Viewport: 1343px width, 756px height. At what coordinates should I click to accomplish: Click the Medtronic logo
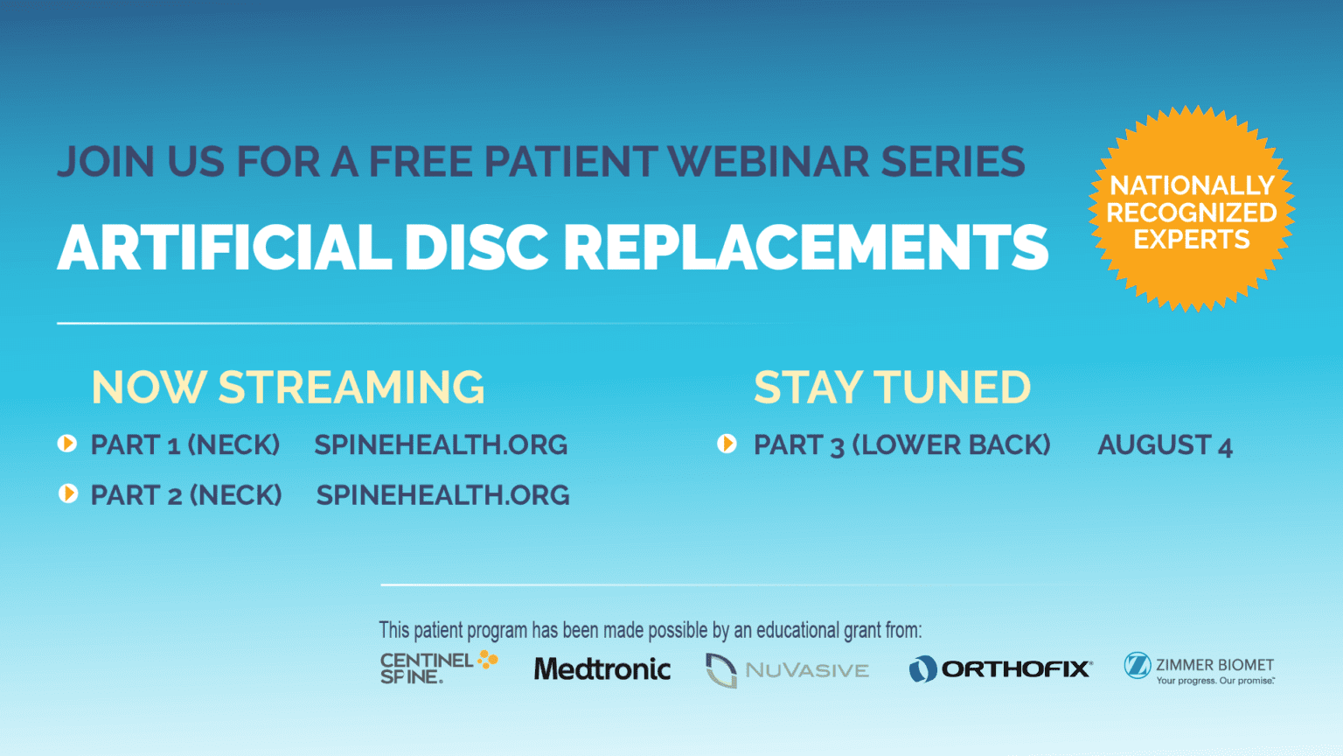pos(602,669)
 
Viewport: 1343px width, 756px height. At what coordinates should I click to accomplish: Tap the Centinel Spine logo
pos(438,668)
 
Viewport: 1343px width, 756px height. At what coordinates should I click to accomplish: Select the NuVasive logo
pos(787,670)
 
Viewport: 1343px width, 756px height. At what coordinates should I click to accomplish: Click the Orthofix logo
pos(1000,669)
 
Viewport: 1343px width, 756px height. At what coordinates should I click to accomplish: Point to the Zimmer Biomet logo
pos(1199,669)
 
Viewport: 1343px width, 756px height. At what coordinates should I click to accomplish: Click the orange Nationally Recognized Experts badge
pos(1192,211)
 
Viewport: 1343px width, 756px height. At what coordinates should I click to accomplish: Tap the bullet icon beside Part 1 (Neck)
pos(67,444)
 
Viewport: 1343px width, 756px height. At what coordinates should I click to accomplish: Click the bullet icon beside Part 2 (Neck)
pos(67,494)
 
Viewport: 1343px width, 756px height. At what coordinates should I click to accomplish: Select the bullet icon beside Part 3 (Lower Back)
pos(727,444)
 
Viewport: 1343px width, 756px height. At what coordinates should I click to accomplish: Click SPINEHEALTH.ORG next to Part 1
pos(441,444)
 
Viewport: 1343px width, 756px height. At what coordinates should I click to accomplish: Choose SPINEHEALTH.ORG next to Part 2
pos(442,495)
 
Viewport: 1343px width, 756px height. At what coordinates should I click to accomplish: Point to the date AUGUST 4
pos(1165,445)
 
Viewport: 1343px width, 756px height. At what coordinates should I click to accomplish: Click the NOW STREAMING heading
pos(288,388)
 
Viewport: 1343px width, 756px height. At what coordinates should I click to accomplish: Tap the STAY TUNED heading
pos(892,388)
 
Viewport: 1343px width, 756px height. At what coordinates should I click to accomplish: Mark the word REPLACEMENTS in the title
pos(805,248)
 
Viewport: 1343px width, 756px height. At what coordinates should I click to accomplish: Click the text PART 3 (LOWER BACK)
pos(901,445)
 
